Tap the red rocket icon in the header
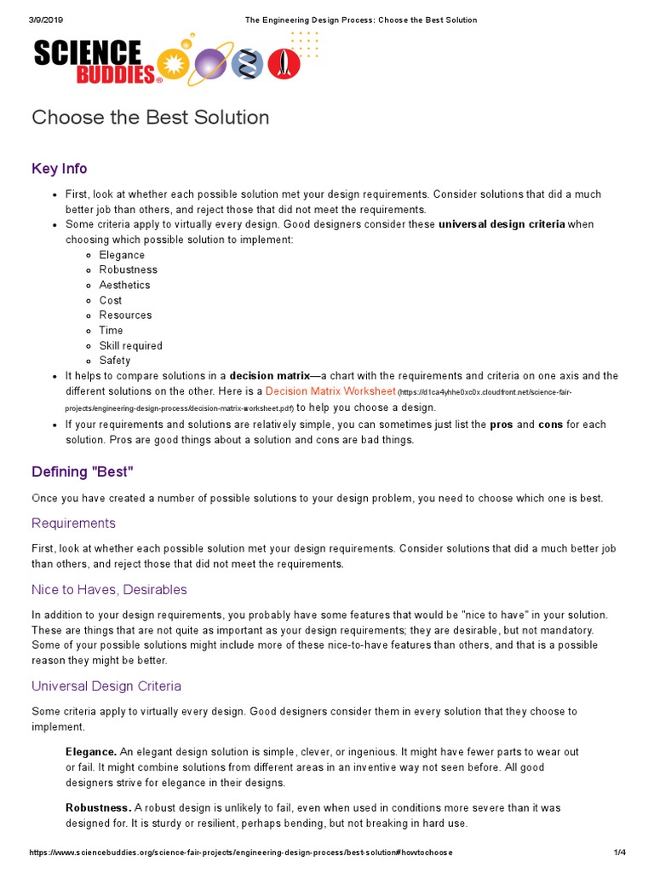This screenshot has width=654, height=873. pos(284,64)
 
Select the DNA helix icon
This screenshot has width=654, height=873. pos(248,64)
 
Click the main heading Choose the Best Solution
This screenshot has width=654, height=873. pos(150,118)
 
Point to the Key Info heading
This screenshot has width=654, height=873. pos(59,169)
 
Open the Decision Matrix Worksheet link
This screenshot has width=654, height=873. pos(330,391)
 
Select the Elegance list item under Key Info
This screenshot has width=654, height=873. pos(122,255)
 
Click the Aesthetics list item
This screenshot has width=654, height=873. pos(124,285)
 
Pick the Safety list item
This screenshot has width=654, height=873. pos(115,361)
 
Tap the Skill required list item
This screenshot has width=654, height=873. pos(130,345)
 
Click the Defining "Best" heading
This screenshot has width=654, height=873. pos(83,471)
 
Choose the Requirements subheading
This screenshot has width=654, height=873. pos(73,523)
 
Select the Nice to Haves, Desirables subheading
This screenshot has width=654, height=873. pos(109,590)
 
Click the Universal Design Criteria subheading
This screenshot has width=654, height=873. pos(106,686)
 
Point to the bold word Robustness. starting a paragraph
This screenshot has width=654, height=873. pos(98,807)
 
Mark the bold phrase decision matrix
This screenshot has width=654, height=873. pos(269,376)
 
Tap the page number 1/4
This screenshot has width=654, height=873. pos(619,853)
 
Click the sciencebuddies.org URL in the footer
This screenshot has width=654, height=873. pos(241,853)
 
